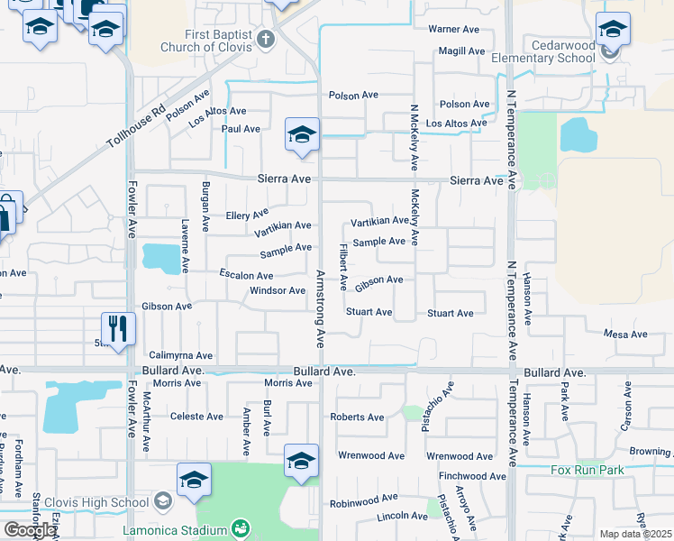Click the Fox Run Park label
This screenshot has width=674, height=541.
click(x=587, y=470)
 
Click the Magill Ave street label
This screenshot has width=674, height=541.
click(x=462, y=50)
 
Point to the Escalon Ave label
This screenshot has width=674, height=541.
click(x=246, y=275)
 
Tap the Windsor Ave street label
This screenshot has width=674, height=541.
click(x=278, y=290)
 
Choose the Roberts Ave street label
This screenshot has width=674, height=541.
click(x=357, y=417)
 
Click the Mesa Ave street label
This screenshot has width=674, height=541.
click(x=626, y=335)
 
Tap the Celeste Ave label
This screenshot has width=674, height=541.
click(x=196, y=417)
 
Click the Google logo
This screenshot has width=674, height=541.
click(x=30, y=530)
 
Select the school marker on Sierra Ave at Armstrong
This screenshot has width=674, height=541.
click(x=302, y=136)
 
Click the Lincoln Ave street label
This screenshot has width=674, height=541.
click(x=403, y=517)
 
